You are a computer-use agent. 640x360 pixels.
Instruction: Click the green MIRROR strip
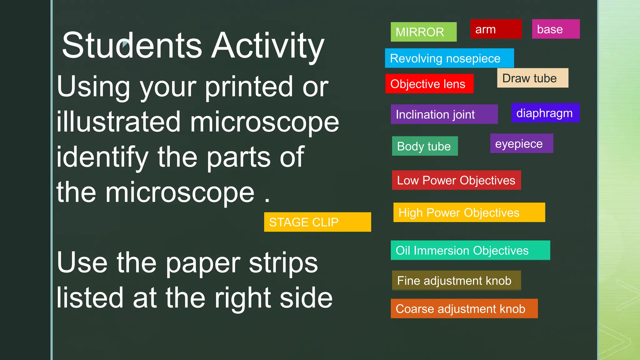coord(423,32)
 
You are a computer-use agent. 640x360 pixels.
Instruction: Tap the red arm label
coord(496,29)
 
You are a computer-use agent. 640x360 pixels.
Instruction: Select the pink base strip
coord(556,29)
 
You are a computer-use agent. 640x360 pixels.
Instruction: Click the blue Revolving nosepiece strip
coord(449,58)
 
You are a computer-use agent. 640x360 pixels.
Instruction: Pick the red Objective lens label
coord(429,84)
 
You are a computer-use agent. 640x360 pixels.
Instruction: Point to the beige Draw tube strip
coord(532,78)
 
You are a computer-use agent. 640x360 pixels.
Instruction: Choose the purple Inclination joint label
coord(444,114)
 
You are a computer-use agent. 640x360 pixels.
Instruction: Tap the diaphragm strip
coord(545,113)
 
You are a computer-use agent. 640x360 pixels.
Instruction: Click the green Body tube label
coord(425,146)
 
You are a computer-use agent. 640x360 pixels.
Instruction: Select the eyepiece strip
coord(522,143)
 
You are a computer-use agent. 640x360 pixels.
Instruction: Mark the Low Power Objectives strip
coord(456,180)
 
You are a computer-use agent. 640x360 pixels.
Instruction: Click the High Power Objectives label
coord(469,212)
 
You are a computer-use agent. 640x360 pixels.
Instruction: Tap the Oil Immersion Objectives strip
coord(470,250)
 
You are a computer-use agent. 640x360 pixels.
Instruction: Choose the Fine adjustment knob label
coord(456,280)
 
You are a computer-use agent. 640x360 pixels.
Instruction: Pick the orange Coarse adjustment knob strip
coord(464,308)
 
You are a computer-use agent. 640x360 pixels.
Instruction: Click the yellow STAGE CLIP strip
coord(317,222)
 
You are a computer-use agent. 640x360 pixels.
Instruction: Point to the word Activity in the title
coord(268,46)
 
